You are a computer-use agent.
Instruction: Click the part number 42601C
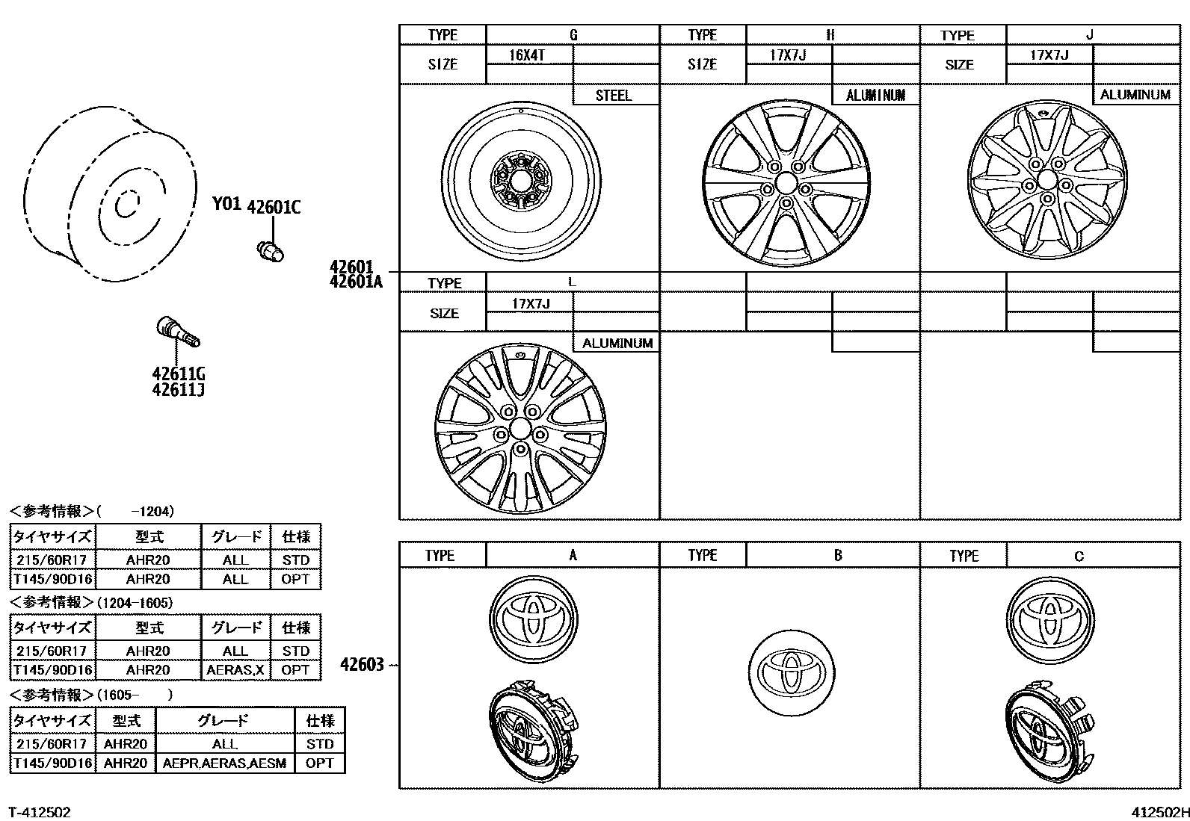(x=274, y=207)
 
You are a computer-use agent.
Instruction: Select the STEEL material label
(x=613, y=96)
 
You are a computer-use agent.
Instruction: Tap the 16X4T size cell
(x=527, y=55)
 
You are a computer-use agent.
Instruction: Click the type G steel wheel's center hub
(x=521, y=180)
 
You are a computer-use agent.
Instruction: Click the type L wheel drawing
(x=520, y=430)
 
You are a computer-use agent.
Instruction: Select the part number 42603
(x=362, y=664)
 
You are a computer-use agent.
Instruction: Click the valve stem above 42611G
(x=178, y=333)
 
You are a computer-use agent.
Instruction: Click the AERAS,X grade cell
(x=235, y=670)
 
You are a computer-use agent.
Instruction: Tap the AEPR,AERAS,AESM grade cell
(x=224, y=763)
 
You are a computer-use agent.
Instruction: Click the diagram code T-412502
(x=40, y=811)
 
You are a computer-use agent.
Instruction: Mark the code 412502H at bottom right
(x=1158, y=812)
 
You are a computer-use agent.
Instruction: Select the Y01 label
(x=226, y=204)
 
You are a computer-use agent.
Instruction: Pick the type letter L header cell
(x=572, y=282)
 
